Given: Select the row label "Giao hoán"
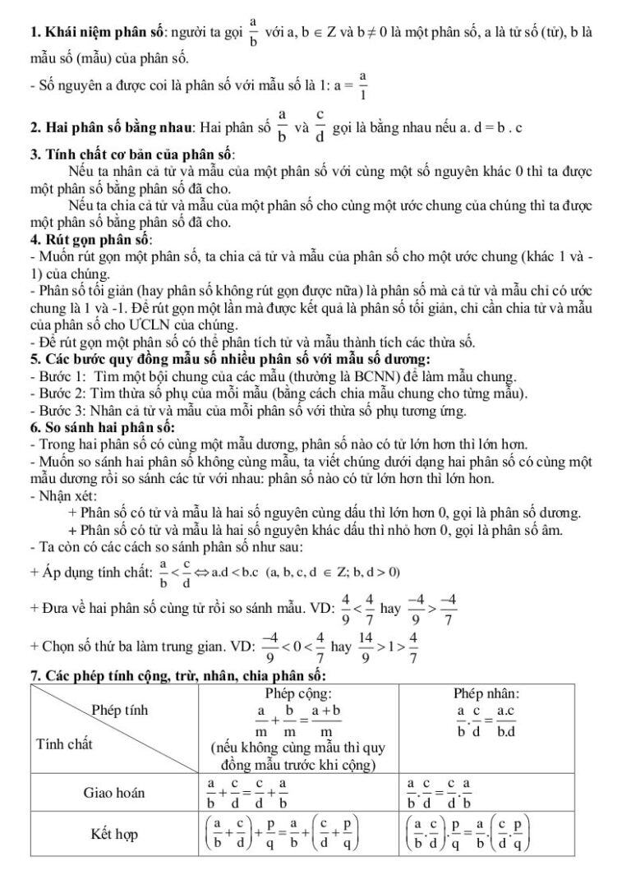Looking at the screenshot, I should point(114,793).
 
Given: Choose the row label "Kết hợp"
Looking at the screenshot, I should point(114,835).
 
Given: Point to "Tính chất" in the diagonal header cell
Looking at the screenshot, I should point(64,744).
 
